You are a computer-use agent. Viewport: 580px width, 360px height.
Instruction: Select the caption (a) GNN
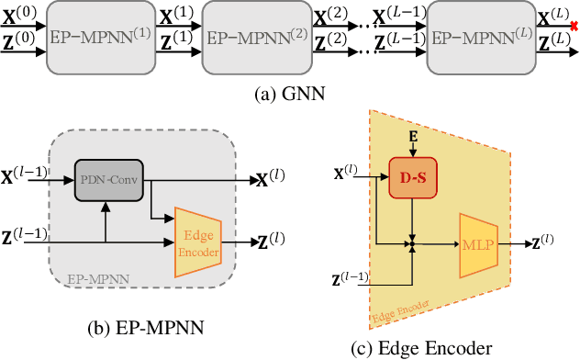click(x=291, y=92)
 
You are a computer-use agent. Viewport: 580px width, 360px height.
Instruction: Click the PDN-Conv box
click(x=108, y=180)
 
